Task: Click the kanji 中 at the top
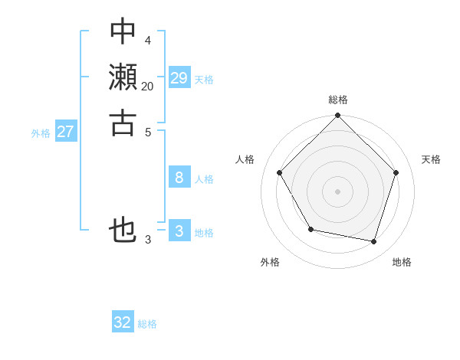coord(123,32)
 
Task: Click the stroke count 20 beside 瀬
coord(147,87)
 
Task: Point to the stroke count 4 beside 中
coord(147,40)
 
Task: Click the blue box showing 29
coord(179,78)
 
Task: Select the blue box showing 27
coord(66,132)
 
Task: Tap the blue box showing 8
coord(179,178)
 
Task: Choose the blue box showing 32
coord(123,322)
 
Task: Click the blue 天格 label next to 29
coord(204,80)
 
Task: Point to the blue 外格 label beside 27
coord(41,133)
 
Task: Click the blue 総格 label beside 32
coord(148,324)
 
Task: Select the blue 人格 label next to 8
coord(204,179)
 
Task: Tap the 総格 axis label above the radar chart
coord(338,100)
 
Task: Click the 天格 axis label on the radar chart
coord(432,159)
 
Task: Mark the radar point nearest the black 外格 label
coord(310,229)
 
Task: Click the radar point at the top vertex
coord(338,116)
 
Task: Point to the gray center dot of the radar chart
coord(338,191)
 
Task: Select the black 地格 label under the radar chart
coord(402,262)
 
